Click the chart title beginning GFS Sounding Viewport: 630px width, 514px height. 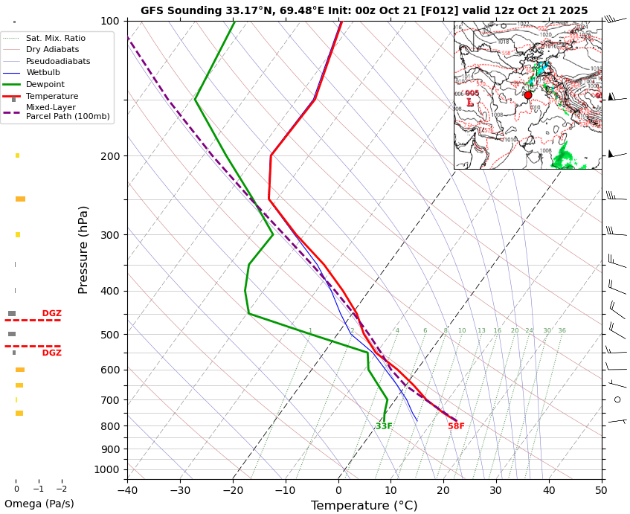pyautogui.click(x=364, y=10)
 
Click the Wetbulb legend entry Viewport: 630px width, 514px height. pyautogui.click(x=44, y=73)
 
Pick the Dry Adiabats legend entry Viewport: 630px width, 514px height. pyautogui.click(x=52, y=50)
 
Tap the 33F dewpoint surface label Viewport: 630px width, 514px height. pyautogui.click(x=384, y=426)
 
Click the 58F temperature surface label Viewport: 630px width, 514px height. pyautogui.click(x=456, y=426)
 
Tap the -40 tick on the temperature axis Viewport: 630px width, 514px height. pyautogui.click(x=127, y=489)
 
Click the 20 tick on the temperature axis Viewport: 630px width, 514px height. pyautogui.click(x=443, y=489)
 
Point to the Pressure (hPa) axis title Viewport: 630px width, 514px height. pyautogui.click(x=83, y=249)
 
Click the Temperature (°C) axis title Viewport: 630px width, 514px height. pyautogui.click(x=364, y=506)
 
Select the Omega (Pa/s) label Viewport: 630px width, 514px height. pyautogui.click(x=39, y=504)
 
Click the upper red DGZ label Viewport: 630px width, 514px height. pyautogui.click(x=52, y=314)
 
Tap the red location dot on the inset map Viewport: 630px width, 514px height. pyautogui.click(x=528, y=95)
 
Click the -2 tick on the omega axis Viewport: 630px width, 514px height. pyautogui.click(x=61, y=489)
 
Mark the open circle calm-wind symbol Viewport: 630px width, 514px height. pyautogui.click(x=617, y=399)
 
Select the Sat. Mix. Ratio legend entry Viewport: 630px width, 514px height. pyautogui.click(x=55, y=38)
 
